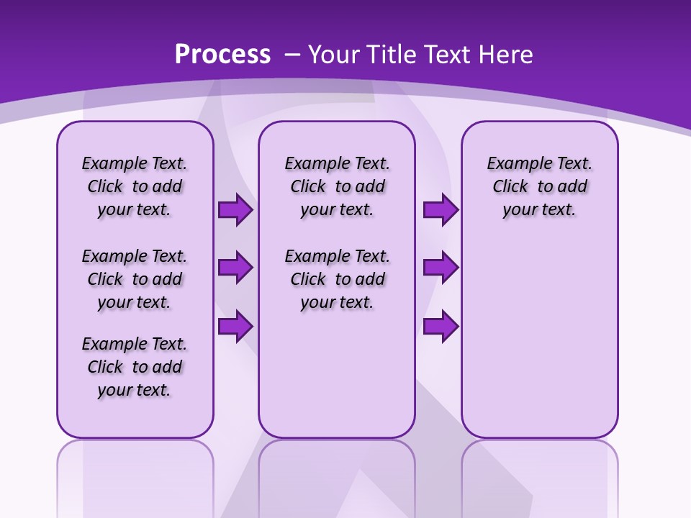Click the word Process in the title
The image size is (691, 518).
click(222, 55)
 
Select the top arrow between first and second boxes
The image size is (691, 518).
click(235, 209)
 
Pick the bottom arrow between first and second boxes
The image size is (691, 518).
click(235, 326)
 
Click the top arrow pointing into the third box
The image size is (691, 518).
click(441, 209)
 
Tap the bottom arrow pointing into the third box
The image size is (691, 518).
click(441, 326)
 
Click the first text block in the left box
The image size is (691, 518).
click(135, 186)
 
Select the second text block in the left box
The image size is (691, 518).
click(135, 279)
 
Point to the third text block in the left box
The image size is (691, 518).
click(135, 367)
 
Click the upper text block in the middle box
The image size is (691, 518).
click(337, 186)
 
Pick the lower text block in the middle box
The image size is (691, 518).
click(337, 279)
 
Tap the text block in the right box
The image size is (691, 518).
click(540, 186)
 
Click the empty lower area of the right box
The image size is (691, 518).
click(540, 345)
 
